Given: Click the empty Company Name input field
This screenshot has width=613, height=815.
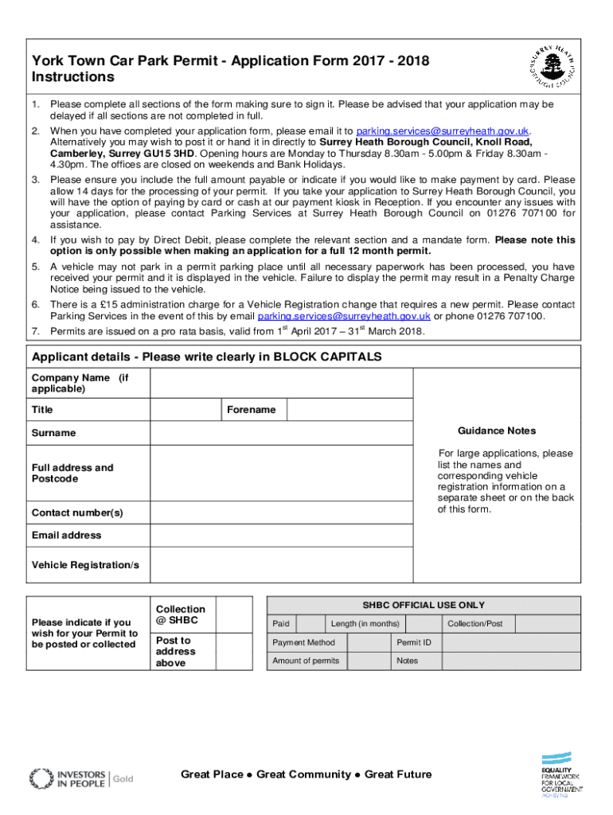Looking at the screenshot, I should click(281, 384).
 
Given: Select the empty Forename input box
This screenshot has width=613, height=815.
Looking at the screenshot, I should click(349, 410).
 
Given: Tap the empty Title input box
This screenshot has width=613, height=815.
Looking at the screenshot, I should click(185, 410).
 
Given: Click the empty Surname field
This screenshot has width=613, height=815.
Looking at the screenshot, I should click(281, 433).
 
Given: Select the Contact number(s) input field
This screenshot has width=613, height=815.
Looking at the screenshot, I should click(281, 513).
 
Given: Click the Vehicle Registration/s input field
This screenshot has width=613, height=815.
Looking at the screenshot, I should click(281, 565).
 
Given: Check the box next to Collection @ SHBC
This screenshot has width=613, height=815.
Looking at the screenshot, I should click(235, 614).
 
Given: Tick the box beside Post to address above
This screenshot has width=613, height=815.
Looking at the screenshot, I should click(235, 651).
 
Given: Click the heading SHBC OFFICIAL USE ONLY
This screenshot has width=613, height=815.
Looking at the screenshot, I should click(424, 605).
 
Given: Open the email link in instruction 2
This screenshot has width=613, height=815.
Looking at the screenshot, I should click(443, 131).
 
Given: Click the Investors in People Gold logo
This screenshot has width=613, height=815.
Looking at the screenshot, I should click(81, 778).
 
